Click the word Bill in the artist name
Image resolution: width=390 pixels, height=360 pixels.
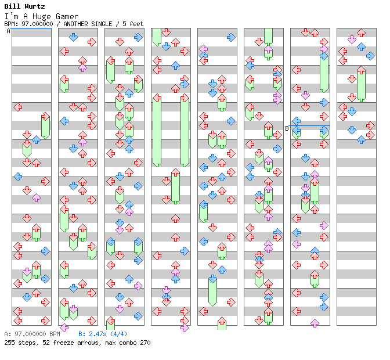(x=12, y=6)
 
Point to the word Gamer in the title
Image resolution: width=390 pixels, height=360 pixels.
(x=67, y=17)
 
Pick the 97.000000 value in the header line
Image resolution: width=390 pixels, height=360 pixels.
(x=35, y=24)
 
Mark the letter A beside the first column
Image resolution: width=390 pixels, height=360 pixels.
(x=8, y=31)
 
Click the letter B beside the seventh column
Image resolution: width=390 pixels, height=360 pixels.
(x=287, y=128)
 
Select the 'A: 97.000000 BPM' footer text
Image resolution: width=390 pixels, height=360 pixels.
(x=32, y=334)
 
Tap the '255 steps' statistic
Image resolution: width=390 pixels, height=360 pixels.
(x=18, y=343)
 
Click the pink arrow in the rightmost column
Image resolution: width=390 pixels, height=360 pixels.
(x=352, y=39)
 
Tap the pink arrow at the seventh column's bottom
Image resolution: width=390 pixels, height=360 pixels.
(x=315, y=323)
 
